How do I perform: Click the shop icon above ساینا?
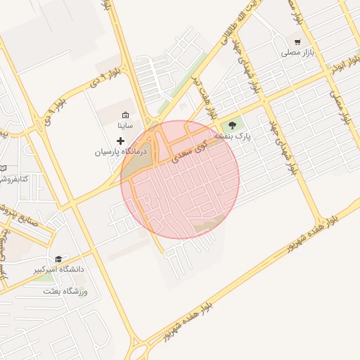click(125, 115)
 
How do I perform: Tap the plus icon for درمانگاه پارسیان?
click(120, 141)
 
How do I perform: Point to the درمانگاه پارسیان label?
click(119, 151)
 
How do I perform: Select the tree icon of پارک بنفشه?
click(233, 124)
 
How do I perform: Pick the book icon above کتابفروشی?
click(3, 168)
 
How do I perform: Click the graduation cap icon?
click(58, 259)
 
